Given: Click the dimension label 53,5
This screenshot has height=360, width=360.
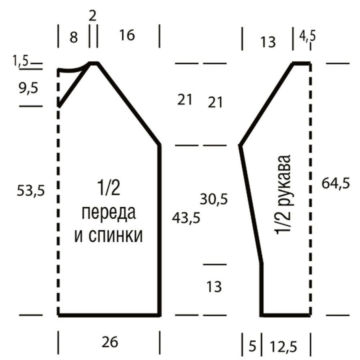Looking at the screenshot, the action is [30, 191].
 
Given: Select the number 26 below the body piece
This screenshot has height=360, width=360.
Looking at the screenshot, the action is [109, 342].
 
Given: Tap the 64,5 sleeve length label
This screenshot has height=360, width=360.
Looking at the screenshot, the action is [335, 183].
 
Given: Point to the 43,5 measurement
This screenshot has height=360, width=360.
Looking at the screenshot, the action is [186, 217].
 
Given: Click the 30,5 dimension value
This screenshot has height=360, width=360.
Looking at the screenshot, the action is [214, 199].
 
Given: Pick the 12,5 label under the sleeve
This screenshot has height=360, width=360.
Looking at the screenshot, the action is [283, 346].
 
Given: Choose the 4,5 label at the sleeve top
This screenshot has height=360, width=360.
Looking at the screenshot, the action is [307, 36].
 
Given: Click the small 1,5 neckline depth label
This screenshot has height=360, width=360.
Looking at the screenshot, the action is [20, 61].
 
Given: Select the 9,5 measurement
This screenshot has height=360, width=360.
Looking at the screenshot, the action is [28, 88].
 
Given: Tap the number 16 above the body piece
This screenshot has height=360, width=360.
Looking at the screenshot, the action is [127, 35].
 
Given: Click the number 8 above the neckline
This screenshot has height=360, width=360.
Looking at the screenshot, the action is [73, 37].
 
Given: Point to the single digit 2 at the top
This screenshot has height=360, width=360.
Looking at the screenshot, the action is [92, 16].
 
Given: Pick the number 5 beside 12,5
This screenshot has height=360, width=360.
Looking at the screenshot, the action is [252, 346].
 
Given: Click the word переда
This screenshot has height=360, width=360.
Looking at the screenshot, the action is [108, 212].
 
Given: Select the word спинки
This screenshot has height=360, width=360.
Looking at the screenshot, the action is [115, 236].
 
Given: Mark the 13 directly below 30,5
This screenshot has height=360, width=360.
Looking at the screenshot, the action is [214, 287].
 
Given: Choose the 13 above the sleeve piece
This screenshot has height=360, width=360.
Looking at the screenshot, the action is [268, 42].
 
